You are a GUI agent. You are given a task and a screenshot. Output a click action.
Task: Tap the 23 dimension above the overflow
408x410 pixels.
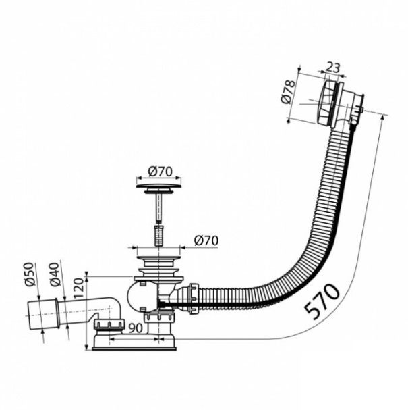click(332, 68)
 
